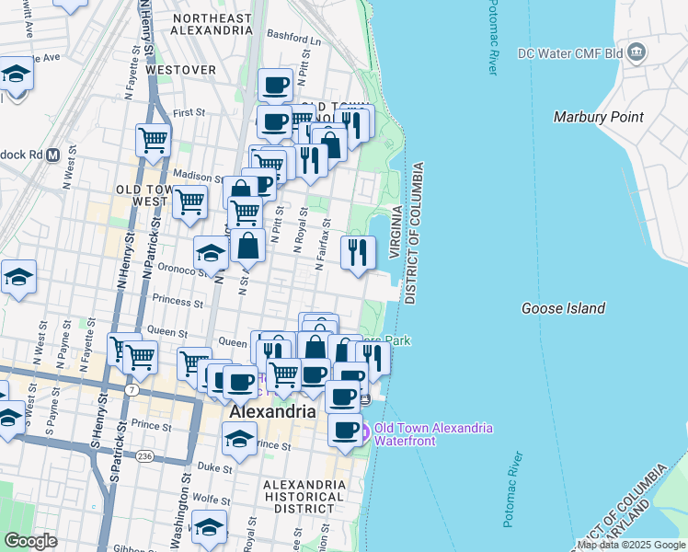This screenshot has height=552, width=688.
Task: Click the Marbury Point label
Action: (598, 117)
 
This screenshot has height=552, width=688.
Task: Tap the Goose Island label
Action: (563, 308)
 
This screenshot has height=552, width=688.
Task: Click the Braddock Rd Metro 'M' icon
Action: (52, 154)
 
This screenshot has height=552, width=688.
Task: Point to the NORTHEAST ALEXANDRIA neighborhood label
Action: (212, 24)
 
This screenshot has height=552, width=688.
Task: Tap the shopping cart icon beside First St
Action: (153, 141)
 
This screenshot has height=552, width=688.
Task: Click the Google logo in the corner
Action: (30, 541)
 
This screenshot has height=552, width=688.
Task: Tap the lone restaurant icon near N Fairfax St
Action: (358, 251)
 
